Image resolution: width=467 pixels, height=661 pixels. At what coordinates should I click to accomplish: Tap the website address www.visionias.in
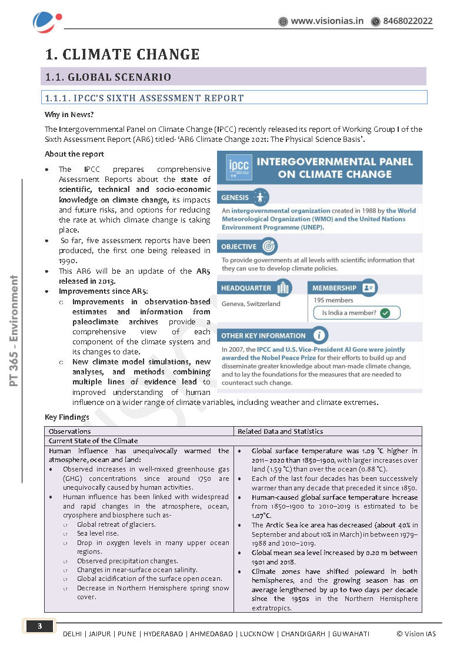click(x=327, y=21)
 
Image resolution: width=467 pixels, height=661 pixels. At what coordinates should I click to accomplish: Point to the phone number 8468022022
click(x=408, y=21)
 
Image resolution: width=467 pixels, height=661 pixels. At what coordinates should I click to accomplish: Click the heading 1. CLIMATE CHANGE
click(x=122, y=55)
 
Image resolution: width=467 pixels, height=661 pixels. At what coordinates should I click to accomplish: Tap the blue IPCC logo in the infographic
click(x=235, y=168)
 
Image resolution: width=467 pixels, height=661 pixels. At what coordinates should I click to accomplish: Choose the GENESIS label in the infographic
click(x=235, y=198)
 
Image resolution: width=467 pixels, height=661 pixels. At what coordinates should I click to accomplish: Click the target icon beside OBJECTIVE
click(x=268, y=246)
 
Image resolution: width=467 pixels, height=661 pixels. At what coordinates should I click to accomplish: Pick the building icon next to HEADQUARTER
click(x=283, y=288)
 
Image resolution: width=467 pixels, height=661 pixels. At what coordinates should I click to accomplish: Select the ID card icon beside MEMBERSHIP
click(x=369, y=288)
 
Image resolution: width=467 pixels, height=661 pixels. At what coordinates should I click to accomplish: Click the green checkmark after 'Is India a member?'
click(x=385, y=313)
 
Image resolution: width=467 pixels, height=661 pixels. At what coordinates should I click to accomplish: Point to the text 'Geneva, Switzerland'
click(x=251, y=304)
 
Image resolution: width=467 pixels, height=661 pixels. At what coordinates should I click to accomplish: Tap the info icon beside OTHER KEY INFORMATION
click(x=319, y=336)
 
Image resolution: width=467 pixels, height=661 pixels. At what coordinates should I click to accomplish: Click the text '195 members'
click(x=333, y=300)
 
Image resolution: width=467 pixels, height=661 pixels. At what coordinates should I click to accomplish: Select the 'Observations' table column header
click(x=69, y=431)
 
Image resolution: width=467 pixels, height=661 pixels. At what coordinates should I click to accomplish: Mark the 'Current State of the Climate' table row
click(x=93, y=441)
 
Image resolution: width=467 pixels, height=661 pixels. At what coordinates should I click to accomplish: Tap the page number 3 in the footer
click(x=39, y=626)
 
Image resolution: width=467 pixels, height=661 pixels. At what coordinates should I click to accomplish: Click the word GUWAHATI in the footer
click(x=351, y=633)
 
